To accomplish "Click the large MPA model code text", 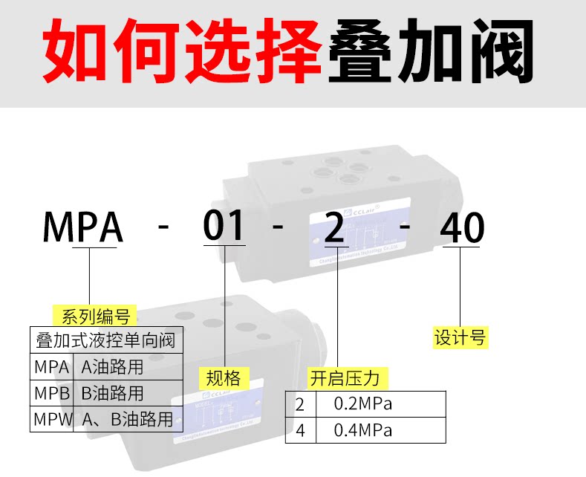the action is click(82, 227).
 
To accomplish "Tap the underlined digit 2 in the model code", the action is click(336, 227).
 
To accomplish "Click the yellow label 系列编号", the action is click(95, 317).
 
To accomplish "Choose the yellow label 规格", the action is click(224, 378).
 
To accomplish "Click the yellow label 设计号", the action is click(460, 337).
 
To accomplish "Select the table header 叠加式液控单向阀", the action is click(105, 341).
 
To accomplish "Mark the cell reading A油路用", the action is click(112, 367).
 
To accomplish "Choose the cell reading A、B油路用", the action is click(127, 419).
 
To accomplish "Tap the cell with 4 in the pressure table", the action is click(300, 430).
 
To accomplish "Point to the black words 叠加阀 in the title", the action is click(431, 53).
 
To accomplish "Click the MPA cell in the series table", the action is click(51, 367).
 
